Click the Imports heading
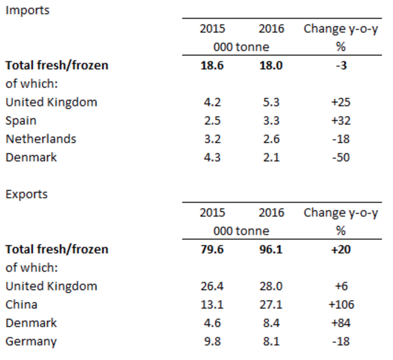27,10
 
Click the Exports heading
26,194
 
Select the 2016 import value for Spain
271,120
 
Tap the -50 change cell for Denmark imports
340,157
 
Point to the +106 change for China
340,304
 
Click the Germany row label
31,341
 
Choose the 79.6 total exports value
212,249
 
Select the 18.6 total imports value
212,65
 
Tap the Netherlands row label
41,139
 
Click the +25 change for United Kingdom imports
340,102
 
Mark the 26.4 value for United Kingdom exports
212,286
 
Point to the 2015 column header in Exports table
212,212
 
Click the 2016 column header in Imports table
271,28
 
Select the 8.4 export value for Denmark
271,323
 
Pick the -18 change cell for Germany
340,341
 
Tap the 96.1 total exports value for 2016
271,249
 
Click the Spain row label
21,120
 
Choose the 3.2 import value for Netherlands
212,139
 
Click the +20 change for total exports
340,249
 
